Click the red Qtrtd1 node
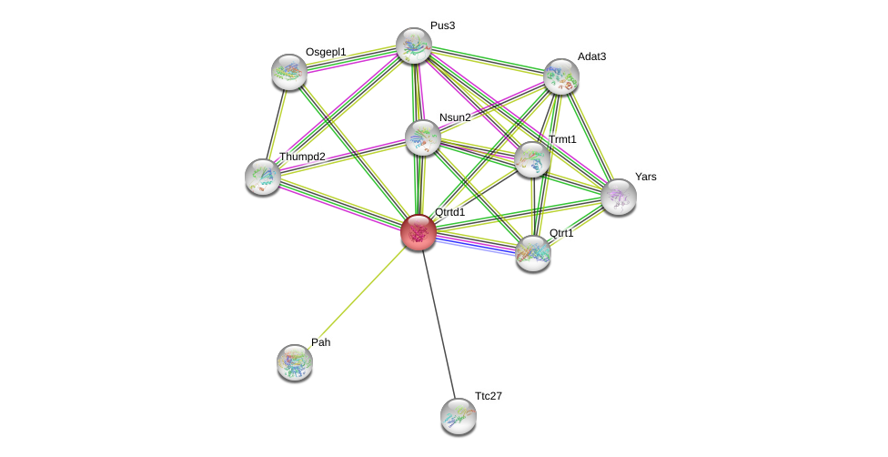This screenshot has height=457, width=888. pos(419,232)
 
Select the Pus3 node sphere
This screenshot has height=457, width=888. pos(413,46)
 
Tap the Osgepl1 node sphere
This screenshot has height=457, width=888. pos(289,72)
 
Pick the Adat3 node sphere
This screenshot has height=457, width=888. pos(561,76)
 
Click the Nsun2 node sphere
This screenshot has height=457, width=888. pos(423,137)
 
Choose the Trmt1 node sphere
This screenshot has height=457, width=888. pos(532,159)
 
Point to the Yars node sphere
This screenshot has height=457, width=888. pos(619,197)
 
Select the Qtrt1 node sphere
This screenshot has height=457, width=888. pos(533,253)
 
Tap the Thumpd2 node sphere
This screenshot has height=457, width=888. pos(263,177)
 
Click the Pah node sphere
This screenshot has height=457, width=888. pos(295,362)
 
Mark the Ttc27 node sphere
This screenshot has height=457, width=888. pos(459,416)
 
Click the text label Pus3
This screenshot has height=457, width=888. pos(442,25)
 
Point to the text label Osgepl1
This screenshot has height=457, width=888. pos(325,52)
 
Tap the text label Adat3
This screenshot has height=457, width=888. pos(591,56)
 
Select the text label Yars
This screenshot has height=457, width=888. pos(645,177)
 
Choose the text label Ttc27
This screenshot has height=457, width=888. pos(488,396)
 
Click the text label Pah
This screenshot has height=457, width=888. pos(320,342)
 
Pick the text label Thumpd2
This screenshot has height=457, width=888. pos(301,157)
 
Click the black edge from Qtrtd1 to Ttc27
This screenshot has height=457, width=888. pos(439,324)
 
